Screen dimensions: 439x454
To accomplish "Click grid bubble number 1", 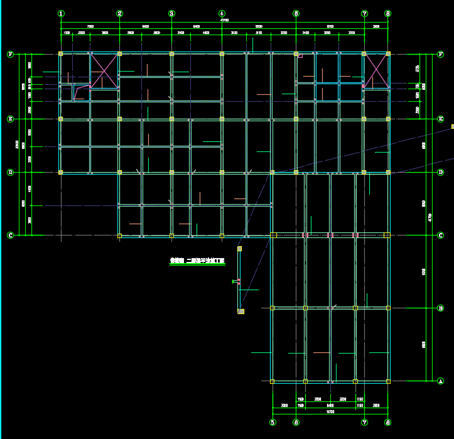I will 61,13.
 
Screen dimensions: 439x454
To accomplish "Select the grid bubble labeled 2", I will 119,13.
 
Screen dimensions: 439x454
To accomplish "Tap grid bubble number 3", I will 171,13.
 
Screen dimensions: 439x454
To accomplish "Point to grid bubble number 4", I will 222,13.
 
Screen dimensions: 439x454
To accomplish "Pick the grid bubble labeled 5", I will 273,423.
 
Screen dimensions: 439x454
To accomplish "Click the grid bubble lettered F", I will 10,54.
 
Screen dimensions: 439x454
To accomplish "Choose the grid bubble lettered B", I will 440,308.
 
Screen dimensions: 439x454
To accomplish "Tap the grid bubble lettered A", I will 440,381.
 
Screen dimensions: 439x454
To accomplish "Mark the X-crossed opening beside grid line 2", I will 104,70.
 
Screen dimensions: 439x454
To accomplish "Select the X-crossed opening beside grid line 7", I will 376,70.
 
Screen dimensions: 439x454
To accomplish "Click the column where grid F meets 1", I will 61,54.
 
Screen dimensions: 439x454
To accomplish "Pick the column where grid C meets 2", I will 119,236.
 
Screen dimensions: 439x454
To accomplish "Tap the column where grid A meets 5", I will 273,381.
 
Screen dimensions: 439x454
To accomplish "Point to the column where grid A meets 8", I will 388,381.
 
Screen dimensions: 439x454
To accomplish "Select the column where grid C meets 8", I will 387,236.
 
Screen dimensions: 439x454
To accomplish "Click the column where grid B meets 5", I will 273,308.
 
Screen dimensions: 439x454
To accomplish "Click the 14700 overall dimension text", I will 330,412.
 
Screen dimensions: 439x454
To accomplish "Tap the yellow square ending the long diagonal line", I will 452,126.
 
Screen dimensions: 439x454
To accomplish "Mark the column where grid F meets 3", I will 171,54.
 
